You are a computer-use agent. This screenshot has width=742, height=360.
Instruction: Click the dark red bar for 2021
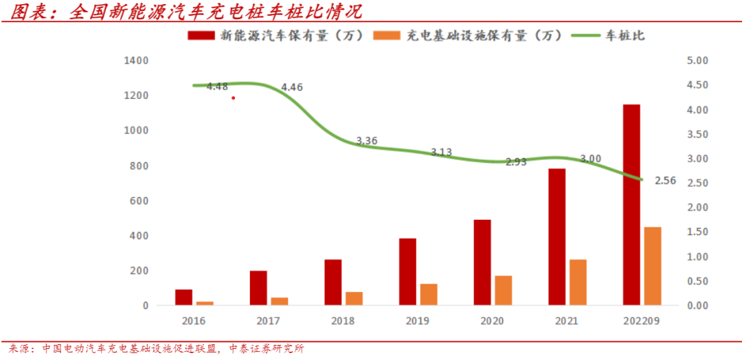coord(557,236)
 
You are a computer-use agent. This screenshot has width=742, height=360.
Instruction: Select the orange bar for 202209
coord(652,266)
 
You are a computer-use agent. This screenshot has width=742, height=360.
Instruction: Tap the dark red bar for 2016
coord(183,297)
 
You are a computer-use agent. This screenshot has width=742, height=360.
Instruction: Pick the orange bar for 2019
coord(429,294)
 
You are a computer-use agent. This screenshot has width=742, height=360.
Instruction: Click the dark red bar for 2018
coord(333,282)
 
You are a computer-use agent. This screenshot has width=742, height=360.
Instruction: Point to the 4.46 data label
coord(292,87)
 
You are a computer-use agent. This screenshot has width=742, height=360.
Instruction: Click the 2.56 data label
coord(666,181)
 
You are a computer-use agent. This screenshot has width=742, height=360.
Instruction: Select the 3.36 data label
coord(367,141)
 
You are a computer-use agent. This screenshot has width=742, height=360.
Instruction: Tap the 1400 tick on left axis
coord(136,60)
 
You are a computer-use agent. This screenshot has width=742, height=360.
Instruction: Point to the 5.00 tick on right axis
coord(697,60)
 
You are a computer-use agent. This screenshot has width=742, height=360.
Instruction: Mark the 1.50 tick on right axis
coord(697,232)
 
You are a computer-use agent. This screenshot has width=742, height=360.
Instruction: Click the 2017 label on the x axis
coord(268,321)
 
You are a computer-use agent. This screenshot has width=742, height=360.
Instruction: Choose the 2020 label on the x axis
coord(492,321)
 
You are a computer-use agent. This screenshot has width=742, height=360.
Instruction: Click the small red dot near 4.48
coord(234,98)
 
